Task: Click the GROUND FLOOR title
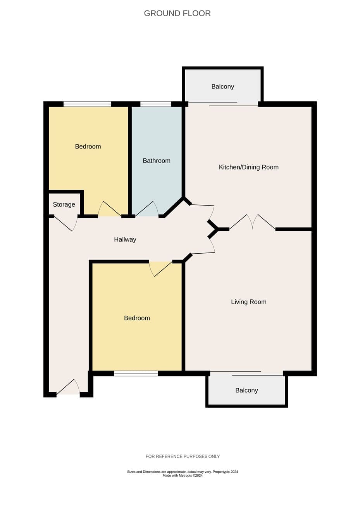pyautogui.click(x=177, y=14)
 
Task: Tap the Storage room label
pyautogui.click(x=64, y=204)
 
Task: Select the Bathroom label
pyautogui.click(x=157, y=161)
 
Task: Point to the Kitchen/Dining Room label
pyautogui.click(x=249, y=167)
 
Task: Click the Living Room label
pyautogui.click(x=249, y=302)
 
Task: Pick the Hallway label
pyautogui.click(x=125, y=239)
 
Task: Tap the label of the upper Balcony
pyautogui.click(x=222, y=86)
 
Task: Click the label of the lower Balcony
pyautogui.click(x=246, y=390)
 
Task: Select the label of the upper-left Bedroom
pyautogui.click(x=88, y=146)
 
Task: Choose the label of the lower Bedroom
pyautogui.click(x=137, y=318)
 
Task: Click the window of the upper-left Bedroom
pyautogui.click(x=87, y=104)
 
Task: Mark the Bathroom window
pyautogui.click(x=156, y=104)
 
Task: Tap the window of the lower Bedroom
pyautogui.click(x=136, y=373)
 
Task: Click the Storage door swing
pyautogui.click(x=66, y=223)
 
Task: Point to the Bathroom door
pyautogui.click(x=147, y=209)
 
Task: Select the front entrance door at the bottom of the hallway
pyautogui.click(x=68, y=386)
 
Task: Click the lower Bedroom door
pyautogui.click(x=160, y=269)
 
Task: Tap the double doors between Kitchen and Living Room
pyautogui.click(x=252, y=222)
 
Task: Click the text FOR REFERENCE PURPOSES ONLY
pyautogui.click(x=183, y=456)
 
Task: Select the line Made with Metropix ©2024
pyautogui.click(x=183, y=476)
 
